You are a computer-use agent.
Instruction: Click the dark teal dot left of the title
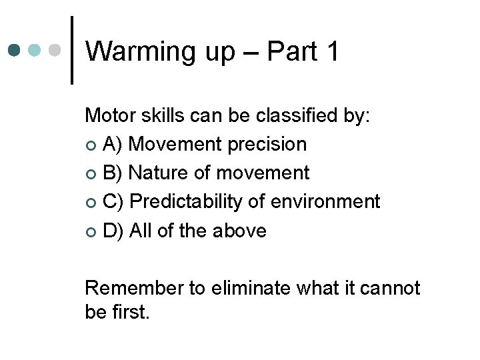[x=15, y=50]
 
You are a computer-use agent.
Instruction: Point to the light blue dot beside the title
[x=35, y=50]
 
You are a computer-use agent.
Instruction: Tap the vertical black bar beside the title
[x=72, y=51]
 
